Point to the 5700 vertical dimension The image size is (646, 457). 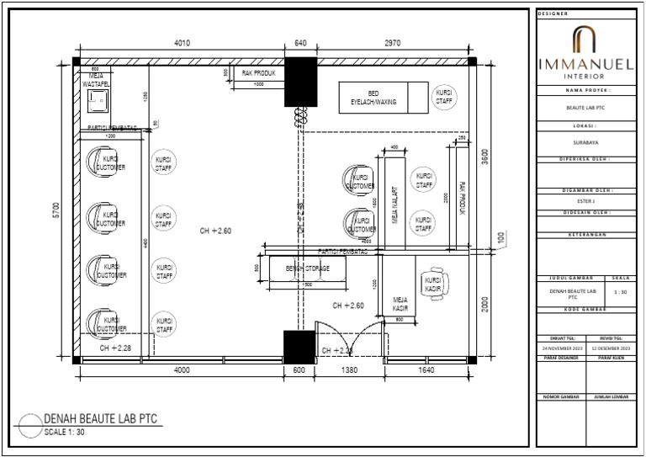click(x=57, y=210)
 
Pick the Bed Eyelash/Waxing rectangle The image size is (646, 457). click(x=379, y=97)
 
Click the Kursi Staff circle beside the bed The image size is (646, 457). click(x=444, y=96)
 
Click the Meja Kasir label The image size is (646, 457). click(x=400, y=304)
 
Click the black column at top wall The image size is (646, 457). click(x=299, y=82)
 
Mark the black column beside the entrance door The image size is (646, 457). click(x=298, y=346)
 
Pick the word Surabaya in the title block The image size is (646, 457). click(x=587, y=142)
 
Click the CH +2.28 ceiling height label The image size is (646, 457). click(x=115, y=347)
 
